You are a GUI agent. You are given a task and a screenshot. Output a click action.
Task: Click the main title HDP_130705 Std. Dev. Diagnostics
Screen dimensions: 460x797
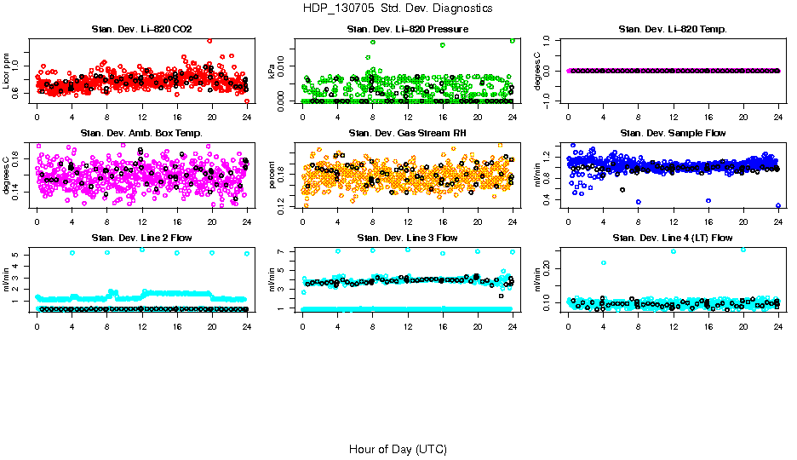coord(398,8)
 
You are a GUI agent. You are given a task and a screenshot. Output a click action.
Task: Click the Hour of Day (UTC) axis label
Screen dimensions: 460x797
coord(398,448)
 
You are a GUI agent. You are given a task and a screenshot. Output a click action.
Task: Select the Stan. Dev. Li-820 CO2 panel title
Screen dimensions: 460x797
coord(142,30)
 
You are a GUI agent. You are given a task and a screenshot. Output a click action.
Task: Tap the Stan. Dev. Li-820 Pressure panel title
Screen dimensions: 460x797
coord(407,30)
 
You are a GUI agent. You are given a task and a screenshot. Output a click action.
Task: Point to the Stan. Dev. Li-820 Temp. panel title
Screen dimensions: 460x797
coord(673,30)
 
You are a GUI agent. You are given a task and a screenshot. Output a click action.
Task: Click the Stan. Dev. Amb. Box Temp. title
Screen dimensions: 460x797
coord(142,133)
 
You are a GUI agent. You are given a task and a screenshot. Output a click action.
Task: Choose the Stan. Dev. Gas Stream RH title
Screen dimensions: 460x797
coord(407,133)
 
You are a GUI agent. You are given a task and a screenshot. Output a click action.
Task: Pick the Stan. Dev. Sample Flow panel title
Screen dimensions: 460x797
coord(673,133)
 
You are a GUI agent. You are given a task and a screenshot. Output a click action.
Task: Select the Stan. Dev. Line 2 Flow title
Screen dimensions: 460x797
coord(142,238)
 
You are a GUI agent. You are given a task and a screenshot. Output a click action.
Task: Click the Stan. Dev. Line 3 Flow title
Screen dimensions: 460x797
coord(407,238)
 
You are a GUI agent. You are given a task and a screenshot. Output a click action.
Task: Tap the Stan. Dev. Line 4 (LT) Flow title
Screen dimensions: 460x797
coord(673,238)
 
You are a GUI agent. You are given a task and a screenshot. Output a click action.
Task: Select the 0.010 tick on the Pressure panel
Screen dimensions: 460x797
coord(284,66)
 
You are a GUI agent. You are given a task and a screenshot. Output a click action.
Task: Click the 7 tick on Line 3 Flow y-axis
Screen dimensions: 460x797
coord(284,252)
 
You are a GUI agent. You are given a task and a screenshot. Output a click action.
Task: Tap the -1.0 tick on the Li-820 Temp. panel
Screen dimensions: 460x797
coord(550,101)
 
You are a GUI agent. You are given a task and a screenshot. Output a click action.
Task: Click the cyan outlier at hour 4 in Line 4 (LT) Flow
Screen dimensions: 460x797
coord(604,263)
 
